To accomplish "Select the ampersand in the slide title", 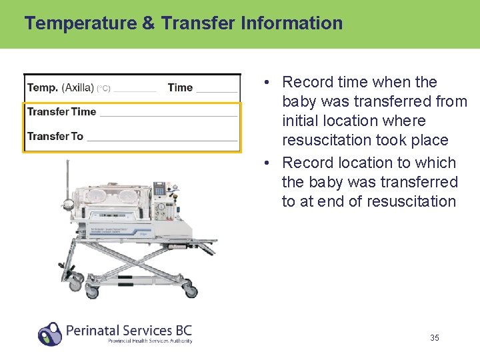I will tap(149, 23).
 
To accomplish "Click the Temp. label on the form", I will tap(43, 87).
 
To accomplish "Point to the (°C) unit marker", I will tap(103, 89).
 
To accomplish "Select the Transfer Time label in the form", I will tap(62, 112).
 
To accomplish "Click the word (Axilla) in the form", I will tap(77, 87).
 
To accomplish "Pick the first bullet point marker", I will tap(265, 83).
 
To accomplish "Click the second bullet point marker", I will tap(265, 163).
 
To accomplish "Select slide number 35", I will tap(435, 338).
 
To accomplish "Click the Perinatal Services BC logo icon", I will tap(50, 333).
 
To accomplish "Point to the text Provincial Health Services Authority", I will tap(150, 341).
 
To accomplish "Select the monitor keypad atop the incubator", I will tap(159, 189).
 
